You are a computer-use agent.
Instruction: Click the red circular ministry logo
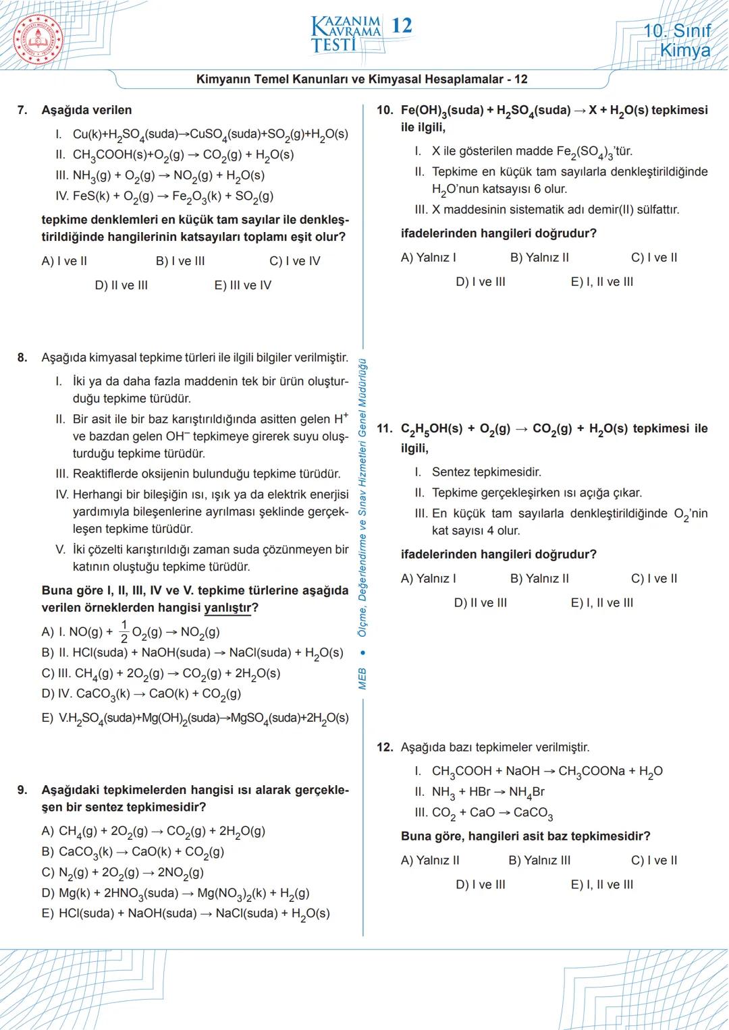[x=37, y=37]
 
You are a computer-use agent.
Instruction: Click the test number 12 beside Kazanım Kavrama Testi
[x=402, y=26]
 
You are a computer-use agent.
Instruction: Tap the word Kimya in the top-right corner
[x=684, y=51]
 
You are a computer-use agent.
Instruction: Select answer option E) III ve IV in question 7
[x=242, y=285]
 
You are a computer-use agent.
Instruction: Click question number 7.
[x=22, y=110]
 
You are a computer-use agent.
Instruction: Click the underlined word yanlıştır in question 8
[x=227, y=608]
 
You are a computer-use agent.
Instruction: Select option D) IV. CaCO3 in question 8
[x=141, y=693]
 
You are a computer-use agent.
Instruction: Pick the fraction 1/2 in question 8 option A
[x=124, y=631]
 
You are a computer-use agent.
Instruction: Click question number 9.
[x=22, y=790]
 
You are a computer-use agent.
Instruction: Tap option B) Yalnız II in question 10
[x=539, y=258]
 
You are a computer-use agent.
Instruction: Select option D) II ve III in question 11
[x=480, y=603]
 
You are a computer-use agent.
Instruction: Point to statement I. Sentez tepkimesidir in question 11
[x=478, y=472]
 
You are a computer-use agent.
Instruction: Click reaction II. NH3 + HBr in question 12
[x=479, y=792]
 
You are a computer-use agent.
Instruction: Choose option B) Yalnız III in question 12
[x=539, y=861]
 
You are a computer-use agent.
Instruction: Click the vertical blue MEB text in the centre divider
[x=362, y=678]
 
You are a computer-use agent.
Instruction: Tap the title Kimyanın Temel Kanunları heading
[x=362, y=80]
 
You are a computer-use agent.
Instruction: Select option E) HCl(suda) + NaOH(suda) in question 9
[x=186, y=914]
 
